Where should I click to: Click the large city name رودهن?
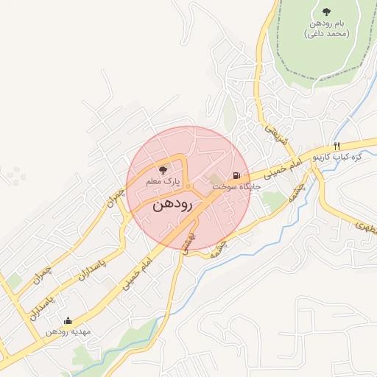tap(172, 206)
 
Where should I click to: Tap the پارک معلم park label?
tap(163, 180)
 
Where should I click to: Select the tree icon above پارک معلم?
tap(163, 169)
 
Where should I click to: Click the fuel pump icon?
tap(236, 176)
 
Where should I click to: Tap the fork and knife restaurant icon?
tap(337, 146)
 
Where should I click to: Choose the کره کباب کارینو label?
tap(338, 158)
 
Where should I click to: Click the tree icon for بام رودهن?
tap(326, 11)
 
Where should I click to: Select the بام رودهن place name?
tap(326, 24)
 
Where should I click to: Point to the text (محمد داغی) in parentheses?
tap(326, 34)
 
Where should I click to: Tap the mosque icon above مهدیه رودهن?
tap(68, 320)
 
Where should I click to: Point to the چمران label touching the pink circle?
tap(114, 196)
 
